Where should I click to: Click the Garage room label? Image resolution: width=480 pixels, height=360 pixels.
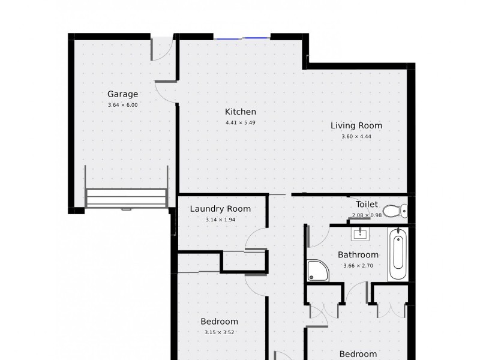click(x=122, y=94)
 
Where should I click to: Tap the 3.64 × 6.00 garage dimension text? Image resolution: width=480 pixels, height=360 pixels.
click(x=122, y=105)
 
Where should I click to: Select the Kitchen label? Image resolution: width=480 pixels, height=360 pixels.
click(x=241, y=112)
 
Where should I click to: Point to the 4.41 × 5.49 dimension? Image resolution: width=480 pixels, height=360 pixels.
click(x=241, y=122)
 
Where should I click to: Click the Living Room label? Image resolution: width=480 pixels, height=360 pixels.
click(x=356, y=126)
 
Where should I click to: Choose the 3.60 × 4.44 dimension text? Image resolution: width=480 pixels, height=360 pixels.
click(x=356, y=137)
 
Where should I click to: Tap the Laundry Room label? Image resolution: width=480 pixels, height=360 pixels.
click(x=220, y=209)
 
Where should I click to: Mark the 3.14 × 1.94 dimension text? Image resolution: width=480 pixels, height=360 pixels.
click(x=220, y=220)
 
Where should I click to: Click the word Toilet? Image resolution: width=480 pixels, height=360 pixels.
click(x=367, y=204)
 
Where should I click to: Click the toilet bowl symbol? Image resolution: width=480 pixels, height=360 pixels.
click(x=395, y=211)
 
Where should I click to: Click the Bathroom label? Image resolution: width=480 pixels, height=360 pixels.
click(x=358, y=255)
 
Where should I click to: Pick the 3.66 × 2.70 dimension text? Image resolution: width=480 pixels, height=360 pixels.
click(x=358, y=266)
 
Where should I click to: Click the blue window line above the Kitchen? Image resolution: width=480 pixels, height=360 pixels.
click(x=242, y=39)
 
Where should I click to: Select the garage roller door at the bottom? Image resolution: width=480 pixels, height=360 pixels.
click(x=126, y=198)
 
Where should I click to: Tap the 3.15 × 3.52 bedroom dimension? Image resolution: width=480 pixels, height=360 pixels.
click(x=219, y=332)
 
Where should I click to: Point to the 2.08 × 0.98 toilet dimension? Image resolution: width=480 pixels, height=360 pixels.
click(x=367, y=215)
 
